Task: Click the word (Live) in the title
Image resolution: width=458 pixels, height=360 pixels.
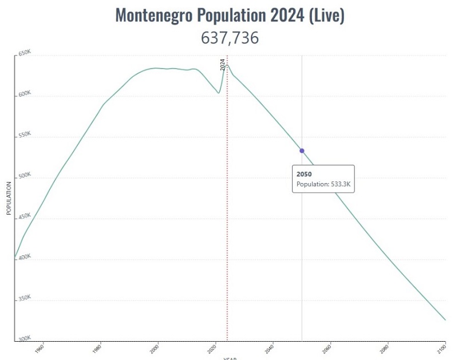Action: [327, 15]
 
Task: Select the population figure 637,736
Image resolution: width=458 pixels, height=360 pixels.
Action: [230, 38]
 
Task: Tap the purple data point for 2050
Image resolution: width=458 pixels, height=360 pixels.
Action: [302, 151]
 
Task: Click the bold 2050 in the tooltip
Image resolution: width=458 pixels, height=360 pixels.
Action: [304, 173]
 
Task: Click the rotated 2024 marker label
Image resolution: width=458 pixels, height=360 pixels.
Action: [223, 64]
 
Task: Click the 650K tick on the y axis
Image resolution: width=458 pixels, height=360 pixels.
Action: [24, 53]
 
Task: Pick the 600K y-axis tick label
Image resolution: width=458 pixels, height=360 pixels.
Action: [24, 94]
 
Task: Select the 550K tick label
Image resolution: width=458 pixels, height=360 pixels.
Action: [24, 134]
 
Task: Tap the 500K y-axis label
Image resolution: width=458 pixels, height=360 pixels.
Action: [24, 176]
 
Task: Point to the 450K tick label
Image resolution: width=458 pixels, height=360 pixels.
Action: [24, 216]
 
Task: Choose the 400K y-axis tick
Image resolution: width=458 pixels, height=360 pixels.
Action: [24, 258]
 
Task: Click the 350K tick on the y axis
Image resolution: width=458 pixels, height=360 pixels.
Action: [24, 298]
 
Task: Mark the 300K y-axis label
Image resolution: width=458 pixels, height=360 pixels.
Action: [24, 339]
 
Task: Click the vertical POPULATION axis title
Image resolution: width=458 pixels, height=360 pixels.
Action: [9, 198]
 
